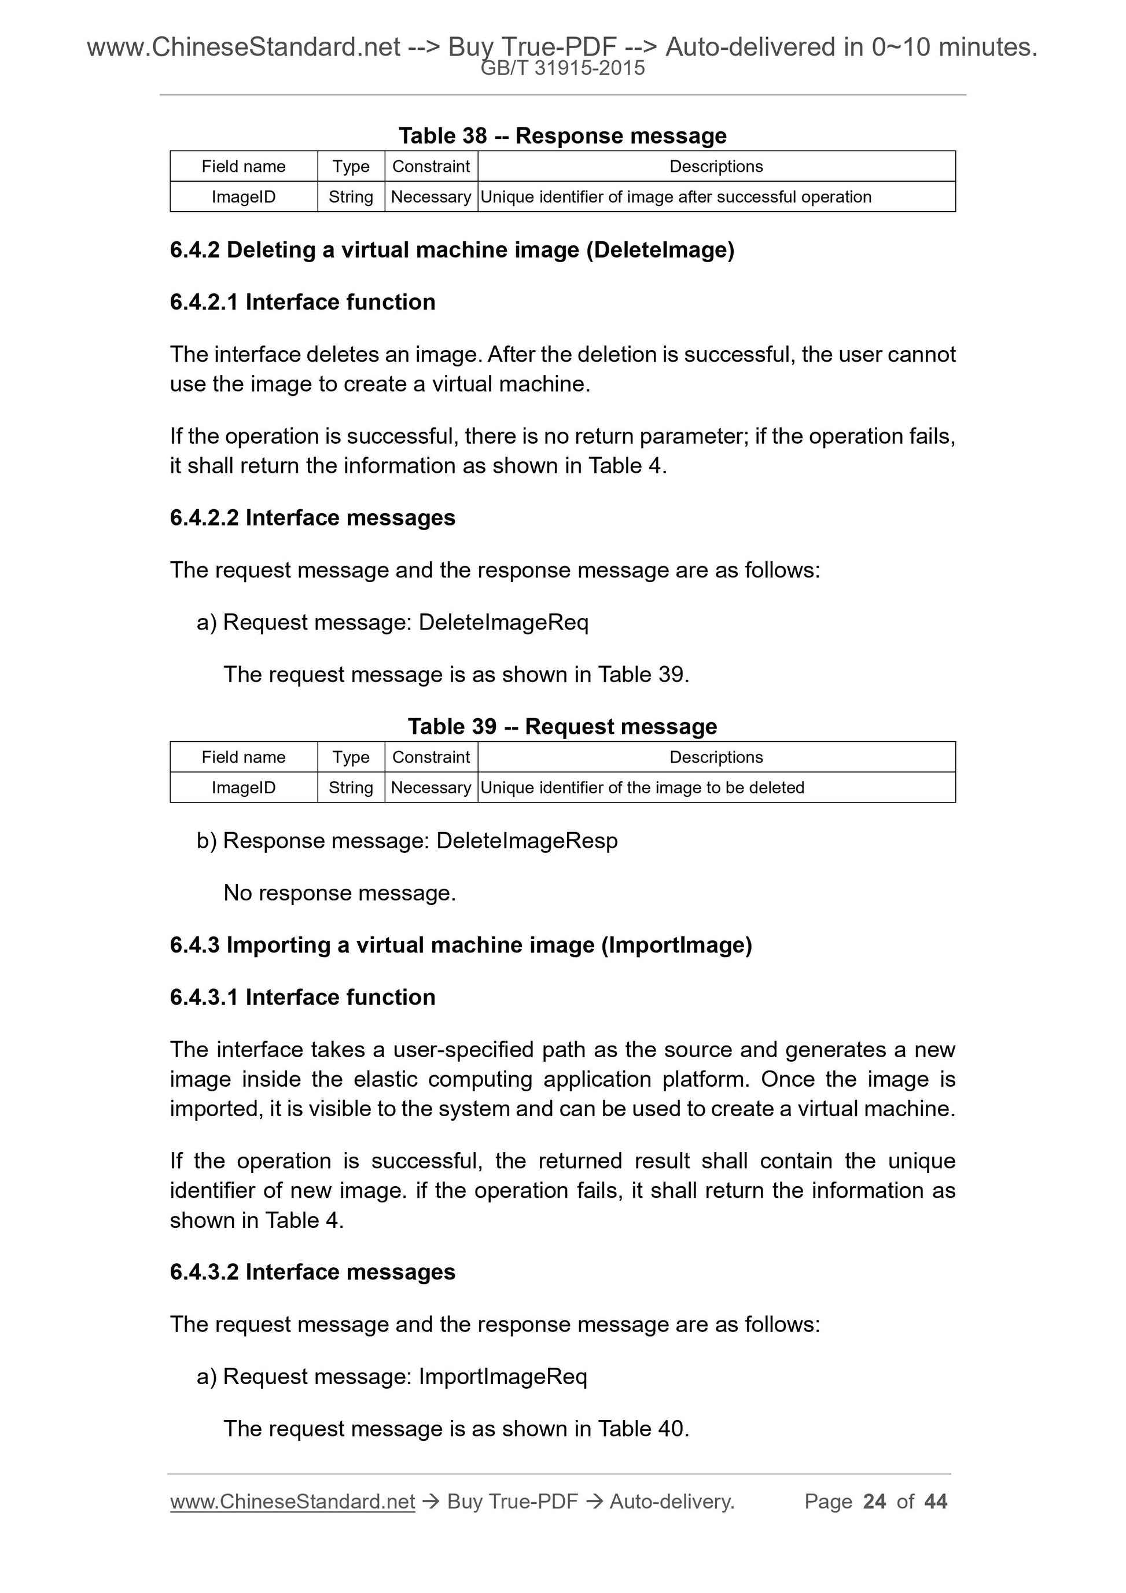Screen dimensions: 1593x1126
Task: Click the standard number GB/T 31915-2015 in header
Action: pyautogui.click(x=562, y=68)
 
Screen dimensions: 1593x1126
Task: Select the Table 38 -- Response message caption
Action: pyautogui.click(x=562, y=136)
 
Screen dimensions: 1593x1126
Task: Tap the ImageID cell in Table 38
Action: pyautogui.click(x=244, y=197)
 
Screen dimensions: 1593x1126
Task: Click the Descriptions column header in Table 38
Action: pyautogui.click(x=716, y=167)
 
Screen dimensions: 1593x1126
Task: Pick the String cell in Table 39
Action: pyautogui.click(x=351, y=788)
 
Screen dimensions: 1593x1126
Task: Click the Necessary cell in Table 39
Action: pyautogui.click(x=431, y=788)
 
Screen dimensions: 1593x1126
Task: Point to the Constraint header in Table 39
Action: pyautogui.click(x=431, y=757)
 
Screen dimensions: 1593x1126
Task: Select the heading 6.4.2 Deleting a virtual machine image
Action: pyautogui.click(x=452, y=250)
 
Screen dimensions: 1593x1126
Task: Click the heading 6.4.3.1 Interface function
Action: pyautogui.click(x=303, y=997)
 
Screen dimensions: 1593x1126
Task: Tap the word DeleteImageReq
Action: pyautogui.click(x=503, y=623)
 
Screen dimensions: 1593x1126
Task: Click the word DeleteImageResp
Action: pyautogui.click(x=527, y=841)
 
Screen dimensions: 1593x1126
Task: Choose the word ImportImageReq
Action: pyautogui.click(x=503, y=1377)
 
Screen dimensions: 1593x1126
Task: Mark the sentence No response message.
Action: pyautogui.click(x=339, y=893)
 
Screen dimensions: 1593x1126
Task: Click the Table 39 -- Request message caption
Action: pyautogui.click(x=562, y=726)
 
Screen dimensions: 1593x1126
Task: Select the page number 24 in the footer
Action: pyautogui.click(x=874, y=1502)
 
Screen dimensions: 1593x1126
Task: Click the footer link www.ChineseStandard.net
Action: pyautogui.click(x=292, y=1502)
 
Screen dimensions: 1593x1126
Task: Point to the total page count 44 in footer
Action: pyautogui.click(x=935, y=1502)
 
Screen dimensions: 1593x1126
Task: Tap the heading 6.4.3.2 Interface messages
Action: pyautogui.click(x=312, y=1272)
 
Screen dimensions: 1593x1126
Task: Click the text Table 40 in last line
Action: pyautogui.click(x=642, y=1429)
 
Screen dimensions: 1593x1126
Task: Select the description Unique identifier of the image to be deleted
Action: pyautogui.click(x=642, y=788)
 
